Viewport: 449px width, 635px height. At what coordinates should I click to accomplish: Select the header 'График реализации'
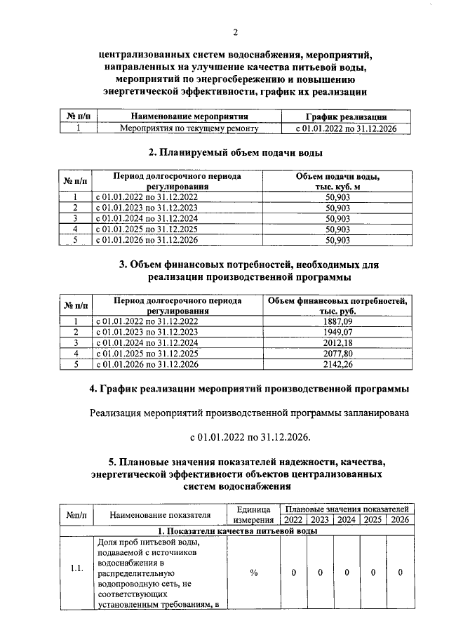coord(347,116)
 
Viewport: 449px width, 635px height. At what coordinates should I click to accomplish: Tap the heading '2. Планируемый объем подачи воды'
coord(236,152)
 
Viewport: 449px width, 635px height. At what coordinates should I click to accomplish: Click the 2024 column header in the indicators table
coord(346,520)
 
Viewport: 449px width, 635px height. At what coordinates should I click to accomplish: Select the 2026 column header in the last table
coord(399,520)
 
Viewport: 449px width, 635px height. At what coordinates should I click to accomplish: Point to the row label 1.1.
coord(77,569)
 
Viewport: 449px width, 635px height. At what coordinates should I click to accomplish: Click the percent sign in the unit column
coord(253,573)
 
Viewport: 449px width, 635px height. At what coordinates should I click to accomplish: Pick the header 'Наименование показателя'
coord(161,515)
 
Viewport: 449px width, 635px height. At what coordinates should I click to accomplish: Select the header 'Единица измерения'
coord(253,514)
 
